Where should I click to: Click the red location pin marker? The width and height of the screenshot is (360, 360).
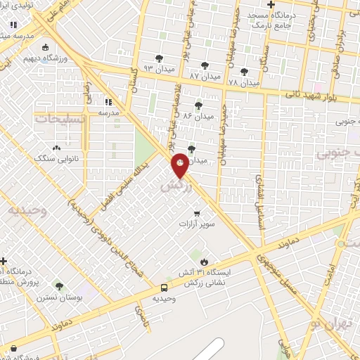(180, 165)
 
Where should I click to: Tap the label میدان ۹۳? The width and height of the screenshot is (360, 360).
(157, 68)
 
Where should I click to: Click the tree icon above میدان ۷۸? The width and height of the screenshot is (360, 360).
(244, 70)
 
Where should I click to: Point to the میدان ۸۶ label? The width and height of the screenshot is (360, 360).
(198, 115)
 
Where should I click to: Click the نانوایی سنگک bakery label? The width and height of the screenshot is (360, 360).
(55, 159)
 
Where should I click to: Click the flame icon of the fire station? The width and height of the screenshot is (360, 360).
(204, 262)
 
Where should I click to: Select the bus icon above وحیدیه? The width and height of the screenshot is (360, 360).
(164, 287)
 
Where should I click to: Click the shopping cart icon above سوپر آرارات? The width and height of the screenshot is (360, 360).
(197, 212)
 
